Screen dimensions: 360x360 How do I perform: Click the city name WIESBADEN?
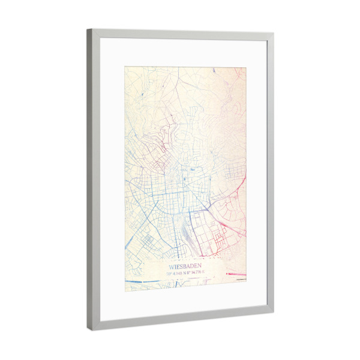click(x=185, y=265)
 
